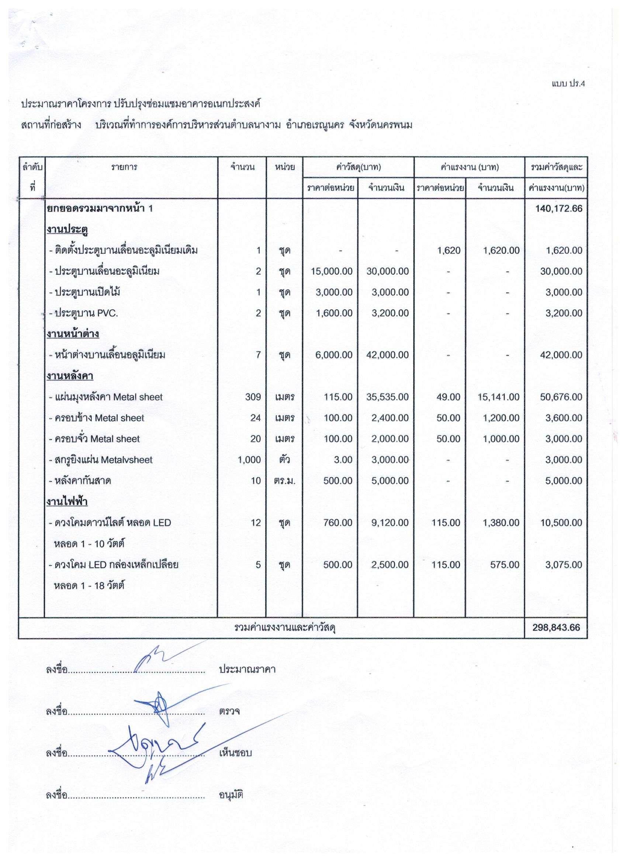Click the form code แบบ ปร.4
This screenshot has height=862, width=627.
568,84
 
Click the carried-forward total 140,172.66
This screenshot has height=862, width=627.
558,209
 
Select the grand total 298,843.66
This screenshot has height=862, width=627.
557,628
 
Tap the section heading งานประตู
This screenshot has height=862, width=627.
68,230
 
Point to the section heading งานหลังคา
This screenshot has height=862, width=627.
70,376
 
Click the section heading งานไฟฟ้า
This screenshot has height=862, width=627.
67,502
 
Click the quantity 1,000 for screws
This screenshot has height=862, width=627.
249,460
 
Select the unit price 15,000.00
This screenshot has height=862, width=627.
331,271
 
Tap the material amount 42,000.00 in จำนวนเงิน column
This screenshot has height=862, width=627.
388,355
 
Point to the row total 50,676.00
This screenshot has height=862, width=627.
561,397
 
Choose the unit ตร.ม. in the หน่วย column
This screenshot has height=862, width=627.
284,481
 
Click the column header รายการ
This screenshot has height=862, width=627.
124,167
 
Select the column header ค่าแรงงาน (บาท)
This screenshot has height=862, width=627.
469,167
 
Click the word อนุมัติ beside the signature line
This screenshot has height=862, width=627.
231,795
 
